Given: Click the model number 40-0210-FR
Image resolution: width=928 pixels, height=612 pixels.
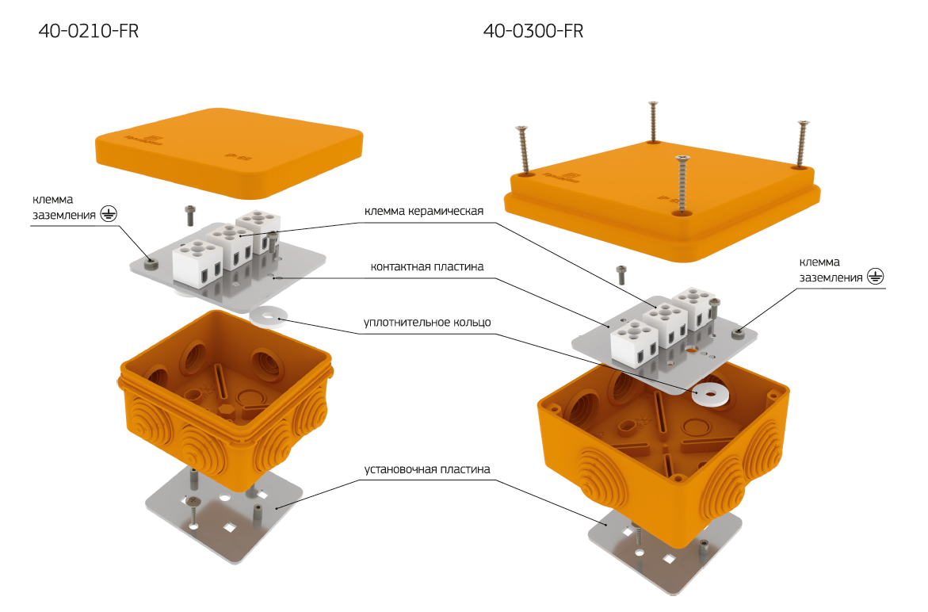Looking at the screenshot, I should click(x=88, y=32).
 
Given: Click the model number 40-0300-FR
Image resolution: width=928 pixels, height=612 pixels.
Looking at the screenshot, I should click(x=533, y=32).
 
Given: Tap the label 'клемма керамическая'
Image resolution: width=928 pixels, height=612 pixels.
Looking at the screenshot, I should click(x=423, y=212).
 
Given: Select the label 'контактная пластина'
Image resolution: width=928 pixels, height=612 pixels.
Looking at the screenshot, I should click(x=426, y=267).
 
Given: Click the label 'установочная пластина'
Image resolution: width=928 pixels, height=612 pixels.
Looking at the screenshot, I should click(x=427, y=469).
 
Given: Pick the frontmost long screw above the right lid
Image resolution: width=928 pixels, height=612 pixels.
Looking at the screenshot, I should click(x=682, y=183).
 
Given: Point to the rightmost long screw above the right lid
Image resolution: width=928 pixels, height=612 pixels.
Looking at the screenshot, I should click(x=802, y=142).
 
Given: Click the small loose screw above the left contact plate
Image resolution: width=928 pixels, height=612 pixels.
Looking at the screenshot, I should click(x=189, y=215).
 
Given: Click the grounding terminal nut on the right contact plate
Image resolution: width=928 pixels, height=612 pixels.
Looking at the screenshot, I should click(x=738, y=334).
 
